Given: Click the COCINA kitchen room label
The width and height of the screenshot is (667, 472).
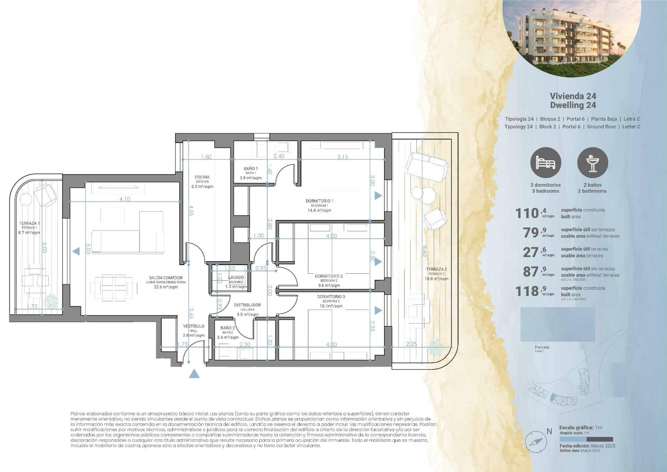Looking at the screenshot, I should coord(202,177).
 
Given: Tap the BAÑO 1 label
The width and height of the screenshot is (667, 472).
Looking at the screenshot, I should coord(251,169).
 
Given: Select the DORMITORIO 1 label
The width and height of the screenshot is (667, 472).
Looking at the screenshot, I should coord(319,201).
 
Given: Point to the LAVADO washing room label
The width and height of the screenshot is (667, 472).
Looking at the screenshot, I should coord(236,278).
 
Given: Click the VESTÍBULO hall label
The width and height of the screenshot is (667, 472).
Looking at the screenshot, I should coord(193,326).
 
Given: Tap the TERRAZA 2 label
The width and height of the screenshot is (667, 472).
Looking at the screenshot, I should coord(436,270).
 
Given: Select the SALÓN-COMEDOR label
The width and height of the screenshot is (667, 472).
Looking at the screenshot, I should coord(165,278).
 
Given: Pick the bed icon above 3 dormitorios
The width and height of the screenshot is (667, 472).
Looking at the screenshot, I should coord(545,163).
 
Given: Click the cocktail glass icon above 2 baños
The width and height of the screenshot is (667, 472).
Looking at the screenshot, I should coord(592,163).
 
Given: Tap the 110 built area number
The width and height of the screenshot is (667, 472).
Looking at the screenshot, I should coord(527,213).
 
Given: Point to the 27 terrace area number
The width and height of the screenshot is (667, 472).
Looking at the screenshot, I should coord(531,252).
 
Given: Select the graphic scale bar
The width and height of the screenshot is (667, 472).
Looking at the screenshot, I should coord(586,439).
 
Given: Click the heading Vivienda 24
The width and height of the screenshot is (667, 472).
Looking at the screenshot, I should coord(573,96).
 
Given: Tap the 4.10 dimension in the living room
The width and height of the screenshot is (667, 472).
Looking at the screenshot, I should coord(125,199).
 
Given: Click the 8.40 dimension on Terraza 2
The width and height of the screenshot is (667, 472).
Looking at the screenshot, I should coord(424,251).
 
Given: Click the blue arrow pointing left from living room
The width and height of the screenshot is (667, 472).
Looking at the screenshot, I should coord(76,251).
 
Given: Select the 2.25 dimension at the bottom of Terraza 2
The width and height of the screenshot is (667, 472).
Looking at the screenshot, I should coord(411,344).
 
